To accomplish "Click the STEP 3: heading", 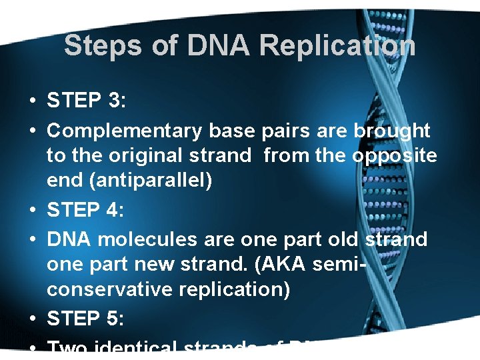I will [x=85, y=101].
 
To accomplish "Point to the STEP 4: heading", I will [x=85, y=209].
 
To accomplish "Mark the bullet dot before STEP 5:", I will [x=32, y=319].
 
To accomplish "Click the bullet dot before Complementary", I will [x=32, y=131].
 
